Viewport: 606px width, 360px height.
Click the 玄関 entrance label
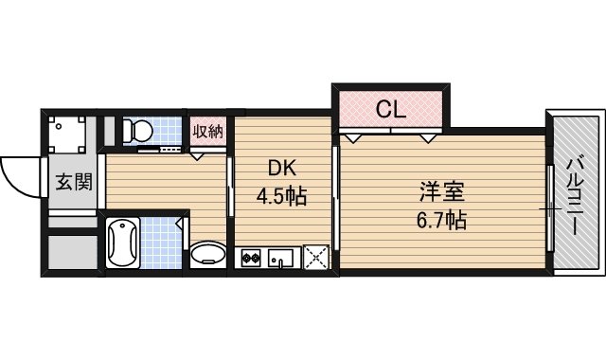(73, 182)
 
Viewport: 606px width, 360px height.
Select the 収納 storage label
(208, 131)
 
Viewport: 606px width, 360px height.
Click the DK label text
(282, 170)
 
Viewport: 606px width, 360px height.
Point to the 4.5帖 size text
(282, 199)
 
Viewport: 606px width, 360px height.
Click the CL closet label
(390, 110)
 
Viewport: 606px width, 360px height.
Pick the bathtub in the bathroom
(122, 243)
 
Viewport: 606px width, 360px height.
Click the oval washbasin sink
(207, 254)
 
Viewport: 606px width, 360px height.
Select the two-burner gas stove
(252, 257)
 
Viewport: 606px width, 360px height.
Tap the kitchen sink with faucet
(283, 257)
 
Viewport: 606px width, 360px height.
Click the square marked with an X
(314, 257)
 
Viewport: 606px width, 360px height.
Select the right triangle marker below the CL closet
(428, 138)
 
